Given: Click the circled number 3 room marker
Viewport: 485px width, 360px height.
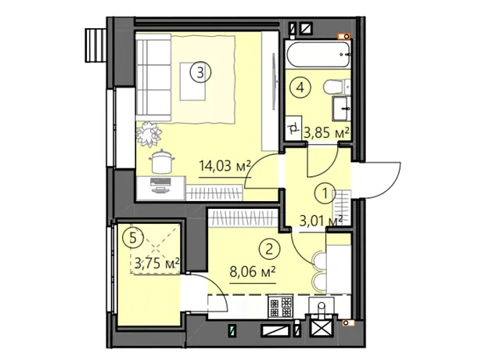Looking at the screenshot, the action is click(x=200, y=73).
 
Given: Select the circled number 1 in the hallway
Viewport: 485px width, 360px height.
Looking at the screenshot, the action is click(x=325, y=194).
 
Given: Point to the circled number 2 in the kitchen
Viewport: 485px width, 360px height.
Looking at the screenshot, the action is click(x=269, y=249).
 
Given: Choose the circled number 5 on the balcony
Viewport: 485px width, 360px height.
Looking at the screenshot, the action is click(x=133, y=238).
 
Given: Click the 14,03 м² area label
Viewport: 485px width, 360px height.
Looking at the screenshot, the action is click(x=225, y=166).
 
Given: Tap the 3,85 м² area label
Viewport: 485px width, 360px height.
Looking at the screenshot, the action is click(x=327, y=133).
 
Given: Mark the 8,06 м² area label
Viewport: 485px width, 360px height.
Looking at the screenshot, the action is click(x=253, y=272).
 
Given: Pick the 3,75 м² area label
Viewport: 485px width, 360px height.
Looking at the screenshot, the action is click(x=157, y=264).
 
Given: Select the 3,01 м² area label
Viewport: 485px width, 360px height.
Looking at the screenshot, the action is click(x=321, y=221).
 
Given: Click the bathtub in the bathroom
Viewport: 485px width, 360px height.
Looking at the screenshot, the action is click(x=318, y=55).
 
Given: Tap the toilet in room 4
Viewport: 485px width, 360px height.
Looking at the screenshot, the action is click(x=337, y=87).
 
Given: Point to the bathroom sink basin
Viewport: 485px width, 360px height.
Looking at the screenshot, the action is click(x=342, y=108).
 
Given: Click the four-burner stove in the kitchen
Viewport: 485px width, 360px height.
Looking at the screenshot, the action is click(x=281, y=307).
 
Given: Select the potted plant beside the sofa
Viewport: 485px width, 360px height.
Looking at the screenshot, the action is click(x=149, y=134).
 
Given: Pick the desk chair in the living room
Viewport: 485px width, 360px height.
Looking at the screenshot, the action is click(x=161, y=161).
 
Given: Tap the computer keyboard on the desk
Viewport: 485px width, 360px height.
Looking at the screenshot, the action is click(x=160, y=182).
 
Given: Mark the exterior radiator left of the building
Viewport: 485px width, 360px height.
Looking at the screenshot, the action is click(x=96, y=45).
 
